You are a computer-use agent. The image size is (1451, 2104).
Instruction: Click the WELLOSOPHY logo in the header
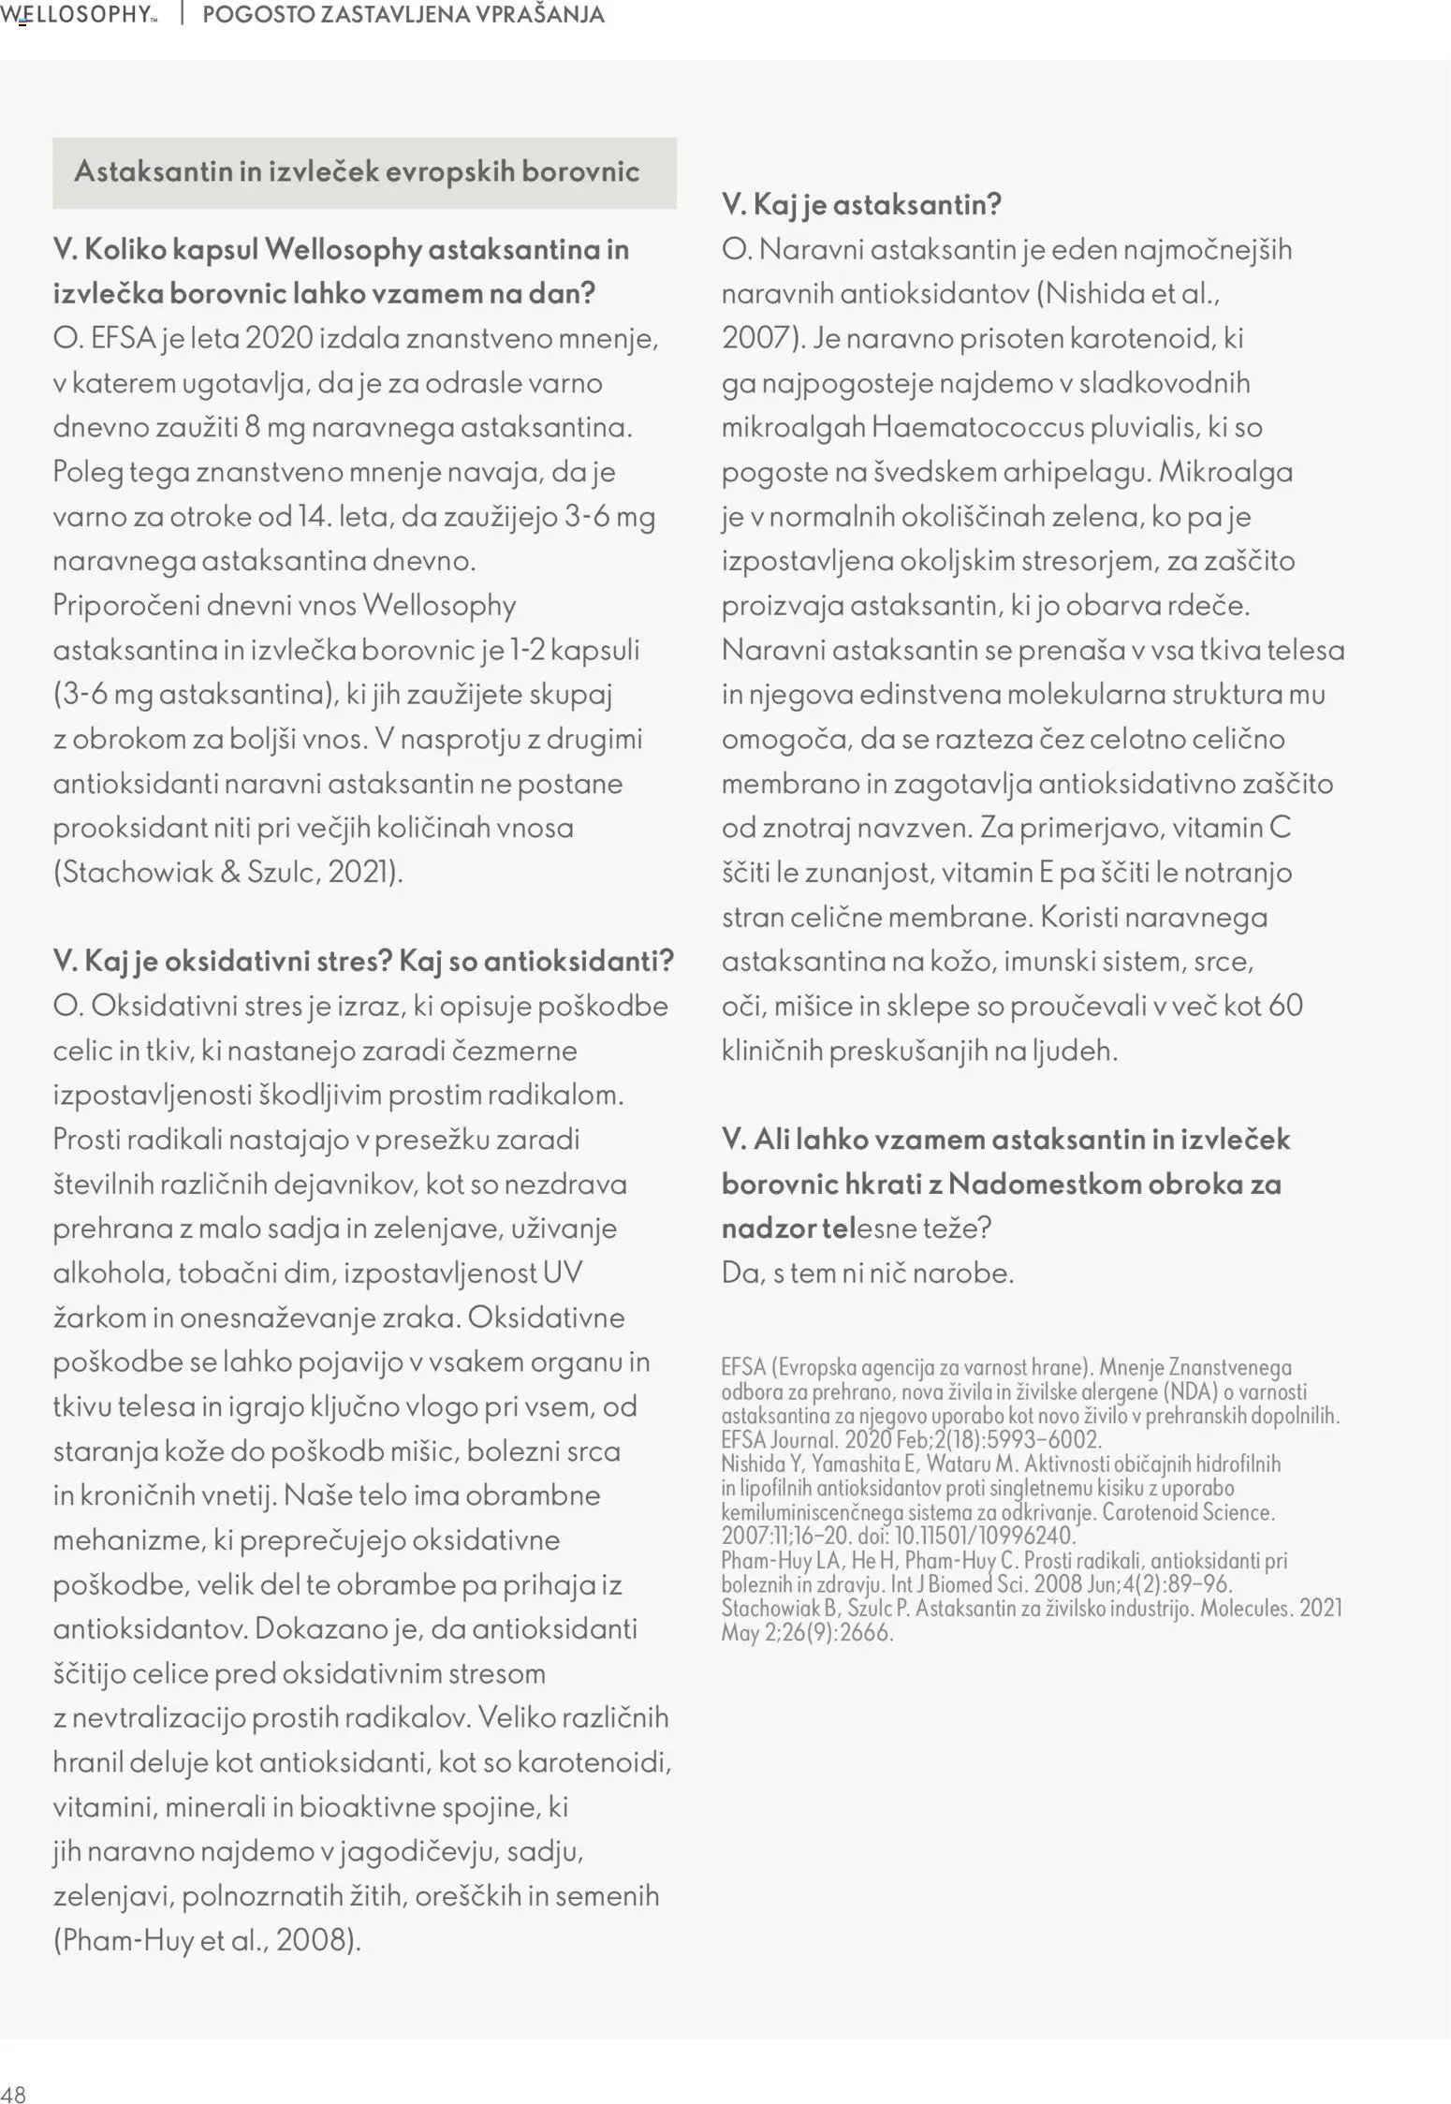tap(79, 15)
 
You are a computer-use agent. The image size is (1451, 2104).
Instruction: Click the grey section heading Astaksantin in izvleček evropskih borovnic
tap(357, 171)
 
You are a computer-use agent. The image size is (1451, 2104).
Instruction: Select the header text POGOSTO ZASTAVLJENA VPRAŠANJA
tap(403, 15)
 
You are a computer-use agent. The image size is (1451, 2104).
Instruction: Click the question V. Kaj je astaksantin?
tap(861, 204)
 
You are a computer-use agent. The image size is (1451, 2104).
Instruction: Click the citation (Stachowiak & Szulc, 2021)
tap(228, 873)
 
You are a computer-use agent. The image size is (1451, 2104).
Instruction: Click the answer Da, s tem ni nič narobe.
tap(867, 1273)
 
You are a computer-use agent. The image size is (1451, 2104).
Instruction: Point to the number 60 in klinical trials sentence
tap(1286, 1007)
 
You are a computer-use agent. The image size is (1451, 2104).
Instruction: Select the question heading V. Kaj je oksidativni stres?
tap(222, 962)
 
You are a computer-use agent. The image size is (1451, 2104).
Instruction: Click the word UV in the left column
tap(563, 1273)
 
